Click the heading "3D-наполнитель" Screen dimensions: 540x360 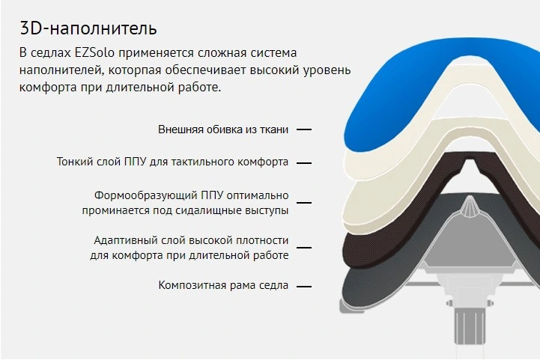pos(88,28)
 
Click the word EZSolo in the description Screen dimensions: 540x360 pos(94,52)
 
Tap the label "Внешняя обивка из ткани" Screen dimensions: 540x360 pos(223,129)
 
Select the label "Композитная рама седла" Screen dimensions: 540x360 pos(223,285)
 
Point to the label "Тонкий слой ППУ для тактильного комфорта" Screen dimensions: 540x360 pos(172,162)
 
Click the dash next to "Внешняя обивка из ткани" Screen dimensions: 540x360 pos(304,129)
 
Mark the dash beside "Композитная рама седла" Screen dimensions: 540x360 pos(304,286)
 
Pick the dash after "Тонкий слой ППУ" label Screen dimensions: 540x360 pos(304,163)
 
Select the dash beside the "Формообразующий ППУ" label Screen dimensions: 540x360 pos(304,202)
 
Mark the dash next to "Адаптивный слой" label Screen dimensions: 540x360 pos(304,248)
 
